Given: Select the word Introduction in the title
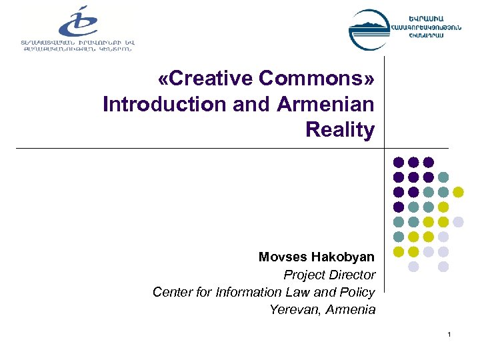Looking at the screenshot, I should click(155, 105).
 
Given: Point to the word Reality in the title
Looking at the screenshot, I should click(340, 130).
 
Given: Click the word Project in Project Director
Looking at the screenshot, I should click(303, 275).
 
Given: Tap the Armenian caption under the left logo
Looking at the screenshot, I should click(87, 46).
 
